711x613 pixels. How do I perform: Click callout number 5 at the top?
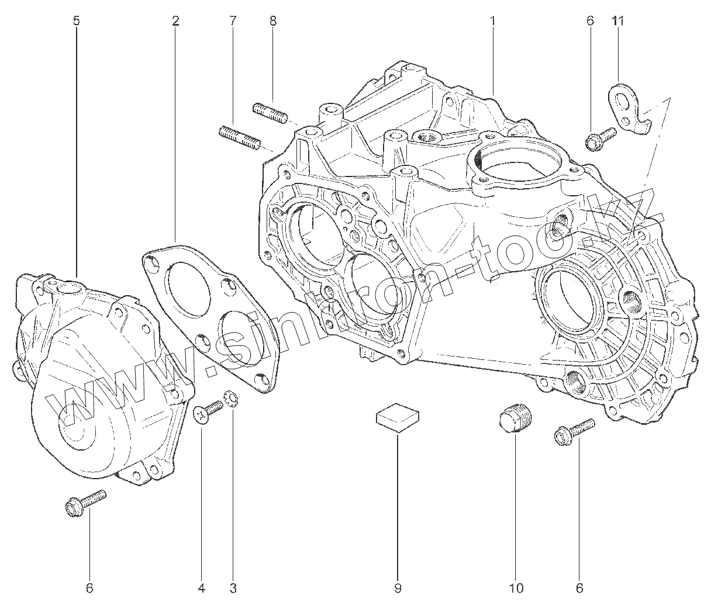(77, 21)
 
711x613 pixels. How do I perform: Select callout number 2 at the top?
(175, 21)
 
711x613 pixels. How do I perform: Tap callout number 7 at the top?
(233, 21)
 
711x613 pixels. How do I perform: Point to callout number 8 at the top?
(273, 21)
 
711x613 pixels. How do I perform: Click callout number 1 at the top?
(493, 21)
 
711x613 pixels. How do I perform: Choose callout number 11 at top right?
(618, 21)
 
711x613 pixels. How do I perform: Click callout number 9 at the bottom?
(398, 588)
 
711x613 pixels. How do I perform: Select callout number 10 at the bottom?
(516, 588)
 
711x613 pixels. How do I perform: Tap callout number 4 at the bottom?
(202, 588)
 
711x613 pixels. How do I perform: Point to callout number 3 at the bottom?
(233, 588)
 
